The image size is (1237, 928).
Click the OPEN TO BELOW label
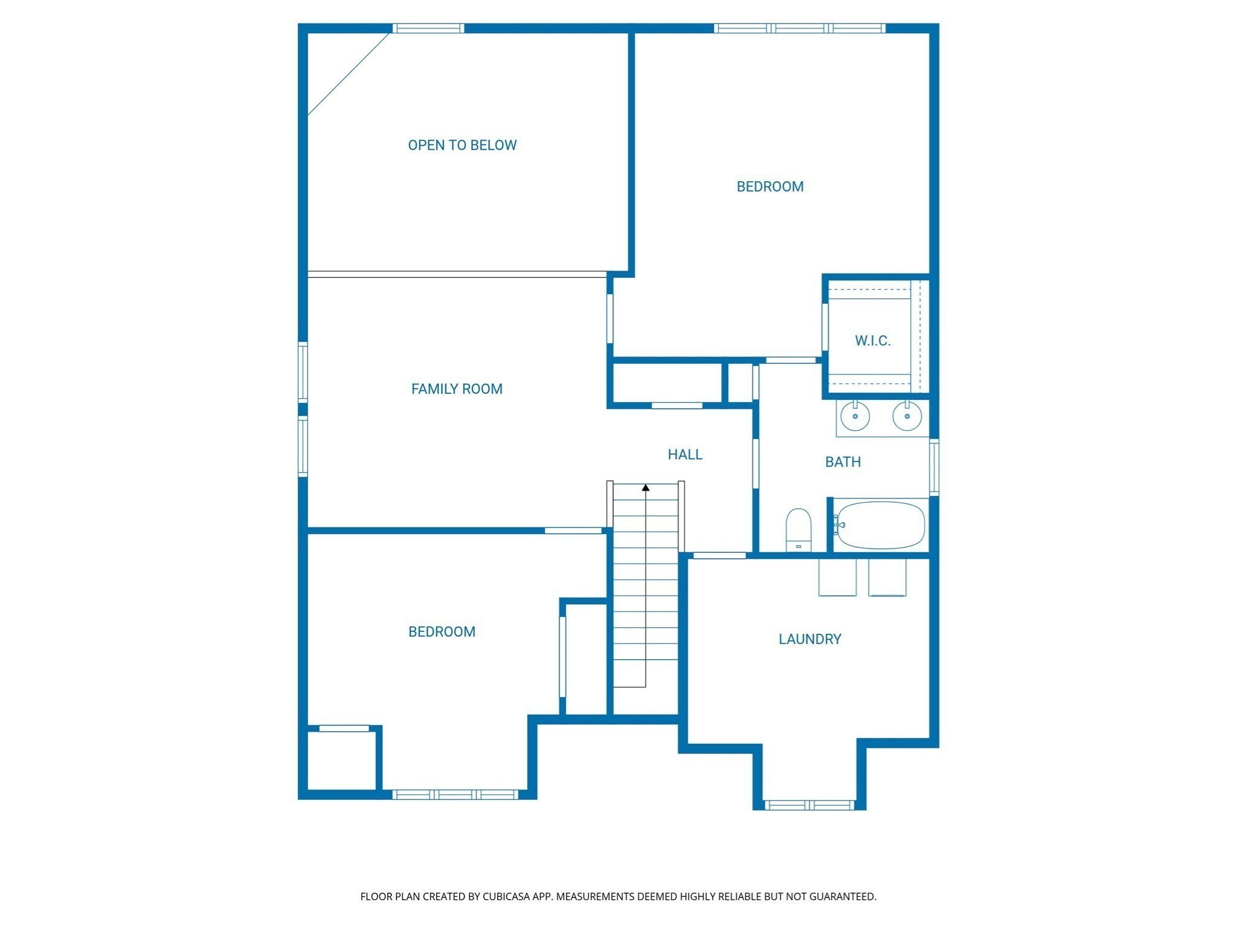[x=462, y=145]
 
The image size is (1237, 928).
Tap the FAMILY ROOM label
[x=457, y=389]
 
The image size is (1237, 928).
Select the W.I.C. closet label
[x=873, y=341]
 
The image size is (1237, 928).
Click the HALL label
[x=685, y=454]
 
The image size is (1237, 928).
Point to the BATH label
[x=843, y=462]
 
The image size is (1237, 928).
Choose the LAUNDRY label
[x=809, y=639]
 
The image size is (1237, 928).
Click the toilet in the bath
[x=798, y=530]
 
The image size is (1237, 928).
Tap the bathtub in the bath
[x=880, y=525]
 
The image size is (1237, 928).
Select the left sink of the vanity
[x=855, y=416]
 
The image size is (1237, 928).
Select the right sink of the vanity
[x=907, y=416]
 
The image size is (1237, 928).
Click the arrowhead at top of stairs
[x=646, y=488]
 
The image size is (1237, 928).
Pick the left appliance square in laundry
[x=837, y=578]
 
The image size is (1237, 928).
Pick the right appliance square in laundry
[x=887, y=578]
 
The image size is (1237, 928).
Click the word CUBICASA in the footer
[x=506, y=897]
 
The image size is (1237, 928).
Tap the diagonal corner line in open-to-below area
[x=349, y=74]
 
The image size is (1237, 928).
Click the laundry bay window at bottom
[x=809, y=805]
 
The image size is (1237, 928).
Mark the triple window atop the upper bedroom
[x=800, y=28]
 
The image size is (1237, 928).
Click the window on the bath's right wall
[x=934, y=468]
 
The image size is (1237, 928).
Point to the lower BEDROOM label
[x=442, y=632]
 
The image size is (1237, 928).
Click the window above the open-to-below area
[x=428, y=28]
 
